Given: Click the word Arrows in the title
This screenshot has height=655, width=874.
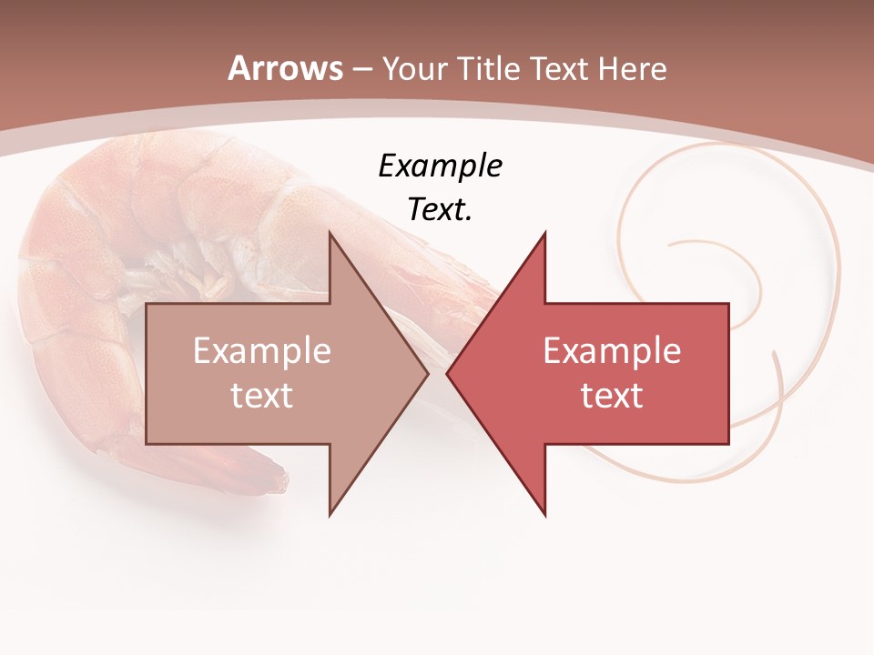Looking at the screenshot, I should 286,68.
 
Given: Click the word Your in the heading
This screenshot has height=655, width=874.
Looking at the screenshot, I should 415,69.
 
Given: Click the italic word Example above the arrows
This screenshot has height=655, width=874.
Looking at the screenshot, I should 440,166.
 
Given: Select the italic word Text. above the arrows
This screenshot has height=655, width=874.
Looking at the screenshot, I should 440,210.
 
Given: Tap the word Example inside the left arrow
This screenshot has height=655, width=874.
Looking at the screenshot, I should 261,351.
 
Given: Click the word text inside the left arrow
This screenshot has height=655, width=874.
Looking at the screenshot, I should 261,396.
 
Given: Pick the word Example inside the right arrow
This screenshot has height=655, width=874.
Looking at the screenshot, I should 612,351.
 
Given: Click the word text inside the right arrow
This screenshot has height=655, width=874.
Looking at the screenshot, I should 612,396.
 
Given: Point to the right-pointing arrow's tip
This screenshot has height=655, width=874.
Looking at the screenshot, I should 427,373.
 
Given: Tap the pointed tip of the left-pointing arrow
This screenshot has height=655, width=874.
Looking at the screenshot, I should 448,373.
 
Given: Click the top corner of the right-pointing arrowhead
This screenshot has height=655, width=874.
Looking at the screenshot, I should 330,233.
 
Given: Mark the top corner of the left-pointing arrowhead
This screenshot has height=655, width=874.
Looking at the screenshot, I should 544,233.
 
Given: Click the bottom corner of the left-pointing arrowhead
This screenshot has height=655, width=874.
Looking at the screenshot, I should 544,514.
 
